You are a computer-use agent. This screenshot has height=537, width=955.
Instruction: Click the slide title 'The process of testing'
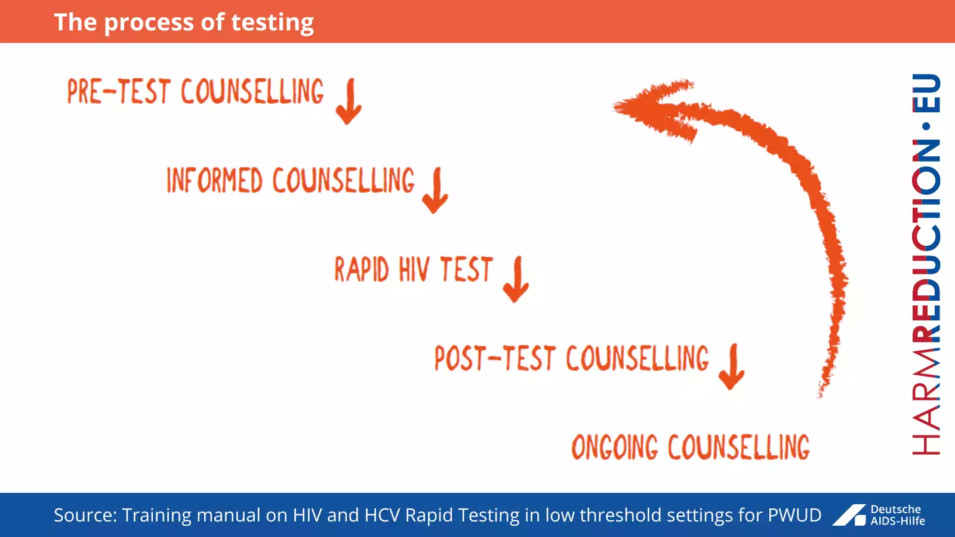184,23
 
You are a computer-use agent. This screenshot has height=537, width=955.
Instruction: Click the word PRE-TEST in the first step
119,92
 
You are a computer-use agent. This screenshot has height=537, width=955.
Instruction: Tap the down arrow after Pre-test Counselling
349,101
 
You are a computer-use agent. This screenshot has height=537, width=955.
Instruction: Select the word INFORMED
214,180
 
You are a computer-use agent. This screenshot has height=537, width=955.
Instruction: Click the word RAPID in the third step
361,269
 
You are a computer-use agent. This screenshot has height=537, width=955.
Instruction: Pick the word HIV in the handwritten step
414,269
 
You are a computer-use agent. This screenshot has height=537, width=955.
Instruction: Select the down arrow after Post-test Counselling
732,367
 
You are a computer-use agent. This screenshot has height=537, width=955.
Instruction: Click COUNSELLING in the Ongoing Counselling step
738,447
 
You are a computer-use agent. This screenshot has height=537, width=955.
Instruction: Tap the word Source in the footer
84,515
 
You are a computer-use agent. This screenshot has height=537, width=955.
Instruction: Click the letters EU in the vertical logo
926,93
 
